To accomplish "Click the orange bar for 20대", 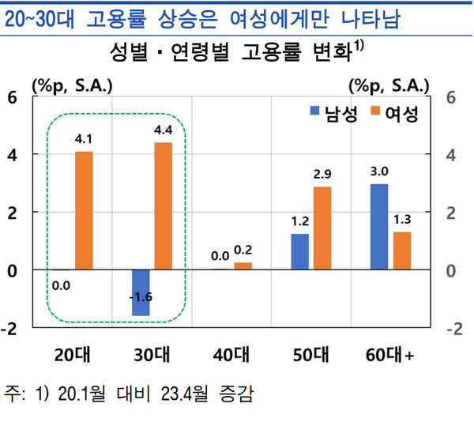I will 85,210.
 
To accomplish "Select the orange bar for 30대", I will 164,205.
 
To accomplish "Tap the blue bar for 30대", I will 141,292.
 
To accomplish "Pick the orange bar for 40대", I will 243,266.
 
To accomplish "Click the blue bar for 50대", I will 300,251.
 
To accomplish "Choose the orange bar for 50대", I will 322,228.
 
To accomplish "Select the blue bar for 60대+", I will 379,226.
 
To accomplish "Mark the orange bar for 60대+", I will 401,251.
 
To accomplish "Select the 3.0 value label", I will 379,171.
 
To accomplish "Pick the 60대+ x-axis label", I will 389,353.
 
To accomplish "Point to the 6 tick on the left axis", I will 12,97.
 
